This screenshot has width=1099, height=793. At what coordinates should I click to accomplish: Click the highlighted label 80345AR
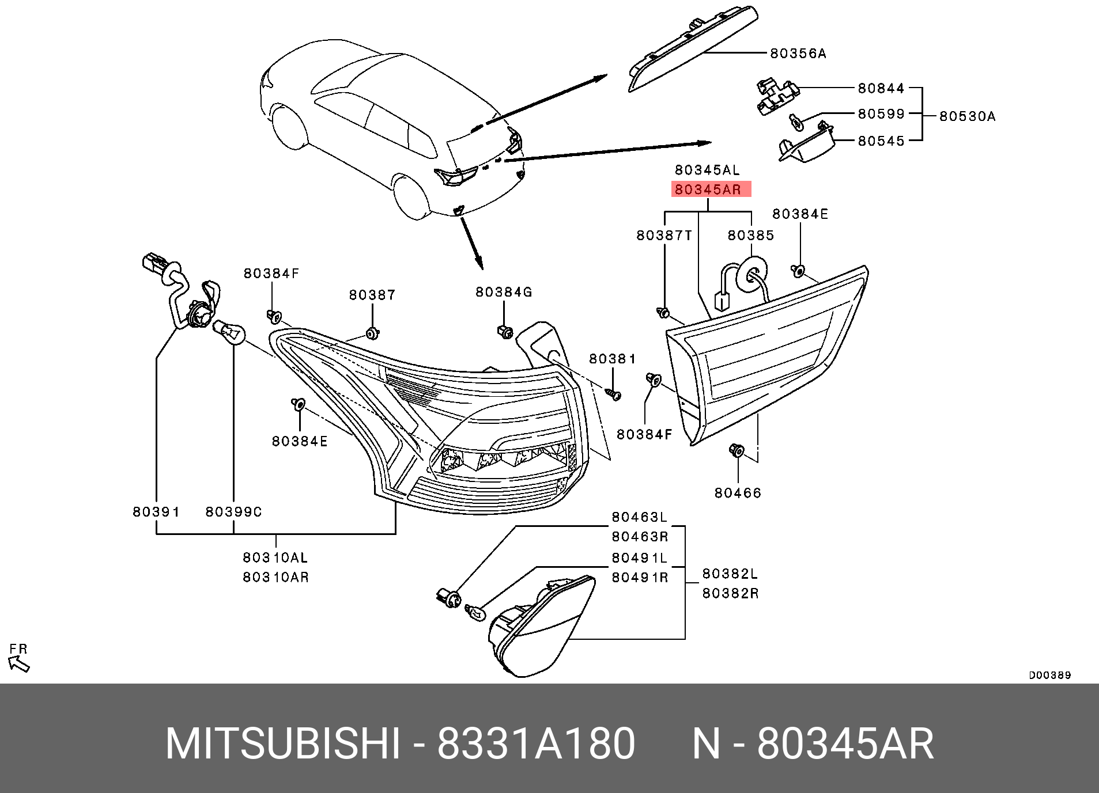point(711,189)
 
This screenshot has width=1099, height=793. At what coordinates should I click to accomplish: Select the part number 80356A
point(798,54)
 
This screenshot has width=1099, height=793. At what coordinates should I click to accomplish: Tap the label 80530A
point(967,116)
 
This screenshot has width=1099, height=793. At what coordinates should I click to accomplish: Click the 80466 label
point(738,493)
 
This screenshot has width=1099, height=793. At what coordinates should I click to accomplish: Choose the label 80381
point(612,359)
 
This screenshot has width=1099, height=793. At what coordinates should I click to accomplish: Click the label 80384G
point(503,293)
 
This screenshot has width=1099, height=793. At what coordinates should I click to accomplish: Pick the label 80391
point(156,511)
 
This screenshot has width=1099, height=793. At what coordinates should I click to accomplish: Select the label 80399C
point(233,511)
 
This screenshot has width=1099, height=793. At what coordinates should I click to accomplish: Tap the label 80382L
point(730,574)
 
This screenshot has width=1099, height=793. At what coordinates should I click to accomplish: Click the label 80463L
point(639,518)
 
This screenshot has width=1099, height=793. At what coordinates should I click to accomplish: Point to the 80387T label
point(664,236)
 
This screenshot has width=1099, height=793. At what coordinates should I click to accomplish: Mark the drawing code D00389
point(1049,676)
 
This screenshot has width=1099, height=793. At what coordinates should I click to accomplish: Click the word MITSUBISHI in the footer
point(282,744)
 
